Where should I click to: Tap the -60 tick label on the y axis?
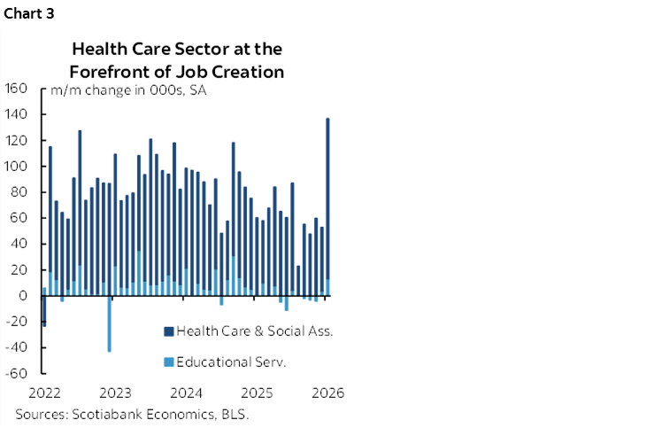click(18, 372)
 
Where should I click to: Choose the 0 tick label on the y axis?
click(27, 295)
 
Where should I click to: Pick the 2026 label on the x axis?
click(327, 392)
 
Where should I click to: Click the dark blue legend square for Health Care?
click(168, 331)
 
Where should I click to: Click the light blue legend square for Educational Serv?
click(168, 362)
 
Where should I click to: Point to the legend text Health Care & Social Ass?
click(254, 331)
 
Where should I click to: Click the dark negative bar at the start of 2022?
click(43, 311)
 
